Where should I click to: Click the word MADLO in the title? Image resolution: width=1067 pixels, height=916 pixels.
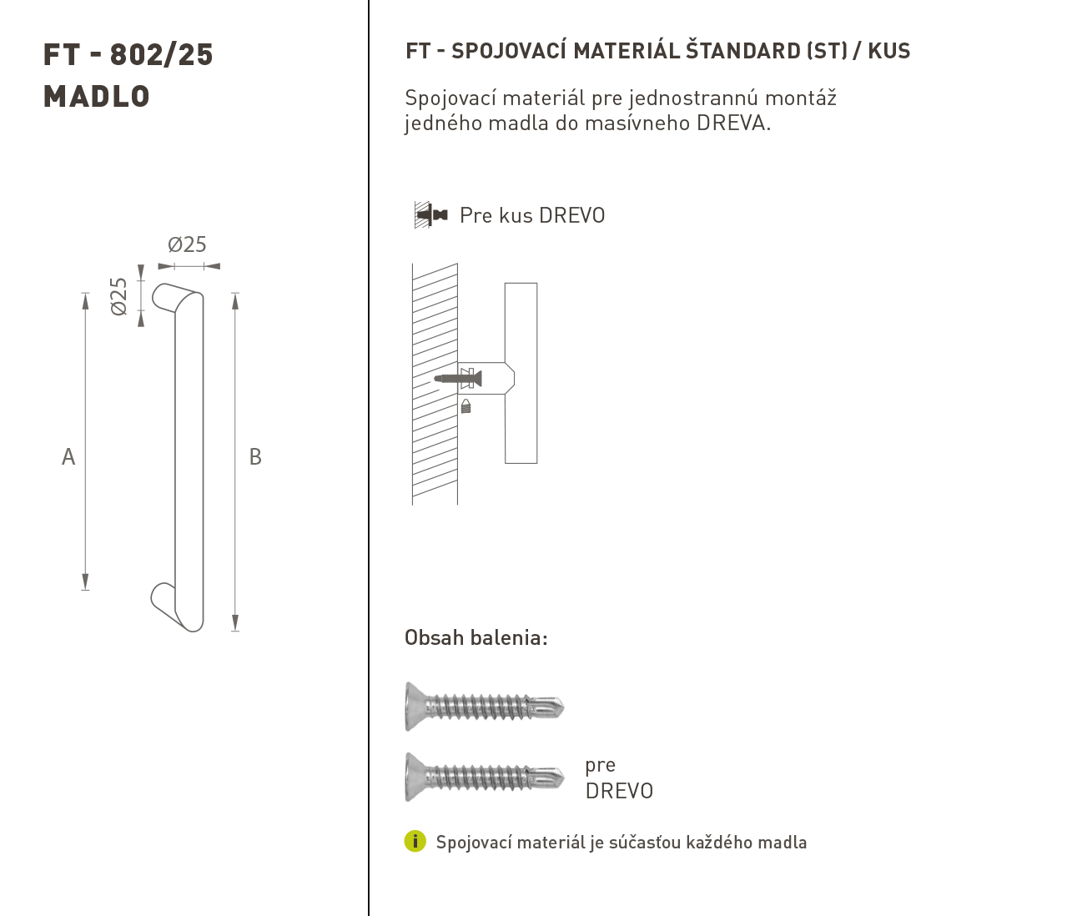point(97,97)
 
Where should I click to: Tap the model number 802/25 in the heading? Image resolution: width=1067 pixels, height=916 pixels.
point(162,55)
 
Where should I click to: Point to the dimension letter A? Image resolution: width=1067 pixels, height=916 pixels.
point(68,457)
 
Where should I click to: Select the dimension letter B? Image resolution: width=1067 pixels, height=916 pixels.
point(255,457)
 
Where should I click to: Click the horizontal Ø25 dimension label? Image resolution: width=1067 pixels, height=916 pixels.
point(187,244)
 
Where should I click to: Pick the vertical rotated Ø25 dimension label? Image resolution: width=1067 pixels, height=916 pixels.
point(118,296)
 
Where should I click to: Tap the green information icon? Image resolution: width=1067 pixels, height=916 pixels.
point(415,841)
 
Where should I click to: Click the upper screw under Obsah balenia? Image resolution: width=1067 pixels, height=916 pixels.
point(485,707)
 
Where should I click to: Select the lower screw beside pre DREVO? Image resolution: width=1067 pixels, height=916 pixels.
point(485,778)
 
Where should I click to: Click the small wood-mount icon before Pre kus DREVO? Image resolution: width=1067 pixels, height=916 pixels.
point(431,214)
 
